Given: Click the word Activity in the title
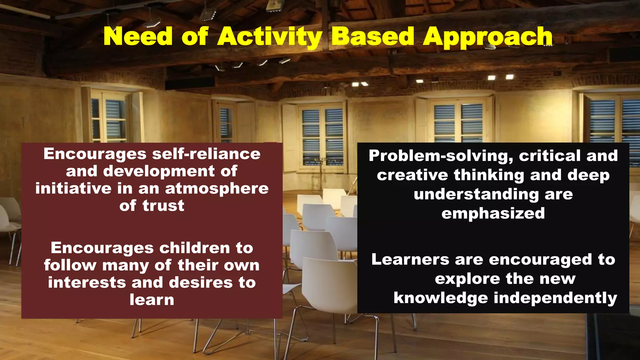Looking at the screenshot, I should (270, 37).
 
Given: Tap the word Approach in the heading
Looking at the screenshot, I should (487, 37).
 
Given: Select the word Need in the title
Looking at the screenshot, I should (138, 37).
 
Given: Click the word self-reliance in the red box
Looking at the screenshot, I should (206, 154).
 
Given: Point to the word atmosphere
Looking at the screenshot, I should (217, 188).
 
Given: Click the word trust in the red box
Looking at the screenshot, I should (163, 206).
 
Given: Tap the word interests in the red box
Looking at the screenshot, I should (87, 282).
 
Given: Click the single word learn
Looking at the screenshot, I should (152, 300).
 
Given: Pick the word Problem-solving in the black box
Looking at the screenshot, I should (441, 156).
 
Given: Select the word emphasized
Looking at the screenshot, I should (493, 213).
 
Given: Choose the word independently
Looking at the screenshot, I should (555, 298).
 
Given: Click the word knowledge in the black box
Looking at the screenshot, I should (441, 298).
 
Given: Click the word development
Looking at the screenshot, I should (159, 172).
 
